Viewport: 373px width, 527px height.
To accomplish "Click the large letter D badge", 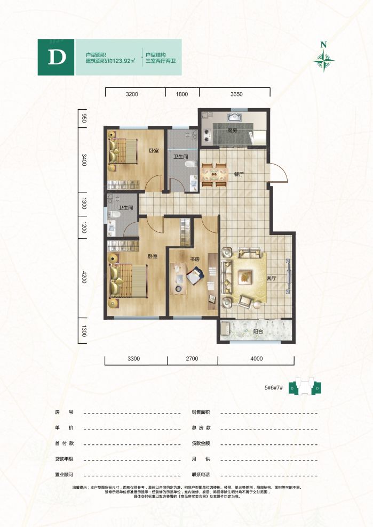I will point(57,57).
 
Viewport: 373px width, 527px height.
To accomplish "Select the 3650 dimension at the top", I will point(236,94).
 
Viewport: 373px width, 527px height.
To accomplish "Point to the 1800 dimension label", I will point(182,94).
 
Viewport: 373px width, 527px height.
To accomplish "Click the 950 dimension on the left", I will point(84,118).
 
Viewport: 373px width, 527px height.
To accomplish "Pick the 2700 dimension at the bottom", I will point(192,359).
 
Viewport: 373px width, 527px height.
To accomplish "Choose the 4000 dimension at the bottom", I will point(257,359).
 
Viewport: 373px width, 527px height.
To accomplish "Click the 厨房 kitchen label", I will point(232,130).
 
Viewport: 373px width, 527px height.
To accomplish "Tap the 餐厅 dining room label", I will point(239,174).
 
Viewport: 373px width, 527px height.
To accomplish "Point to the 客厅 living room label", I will point(272,278).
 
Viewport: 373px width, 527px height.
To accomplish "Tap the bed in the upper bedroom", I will point(124,150).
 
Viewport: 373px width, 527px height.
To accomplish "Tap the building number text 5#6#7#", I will point(272,388).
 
